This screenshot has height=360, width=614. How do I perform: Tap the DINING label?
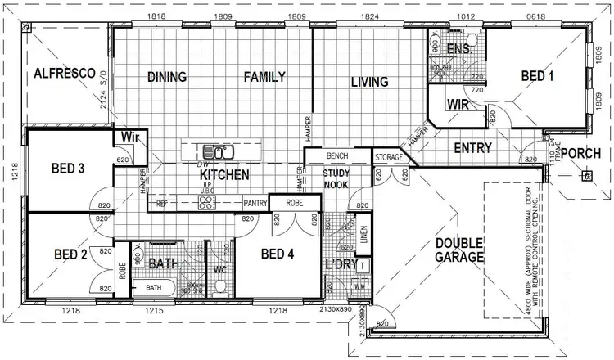click(x=167, y=78)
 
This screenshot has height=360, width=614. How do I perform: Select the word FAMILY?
click(x=264, y=78)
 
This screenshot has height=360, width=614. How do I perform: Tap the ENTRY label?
click(x=472, y=148)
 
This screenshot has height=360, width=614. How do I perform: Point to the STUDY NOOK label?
click(x=336, y=178)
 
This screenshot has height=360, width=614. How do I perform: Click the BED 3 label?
click(x=69, y=169)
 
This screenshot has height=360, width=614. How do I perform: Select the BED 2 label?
click(x=70, y=254)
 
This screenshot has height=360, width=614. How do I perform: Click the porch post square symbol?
click(x=586, y=175)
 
